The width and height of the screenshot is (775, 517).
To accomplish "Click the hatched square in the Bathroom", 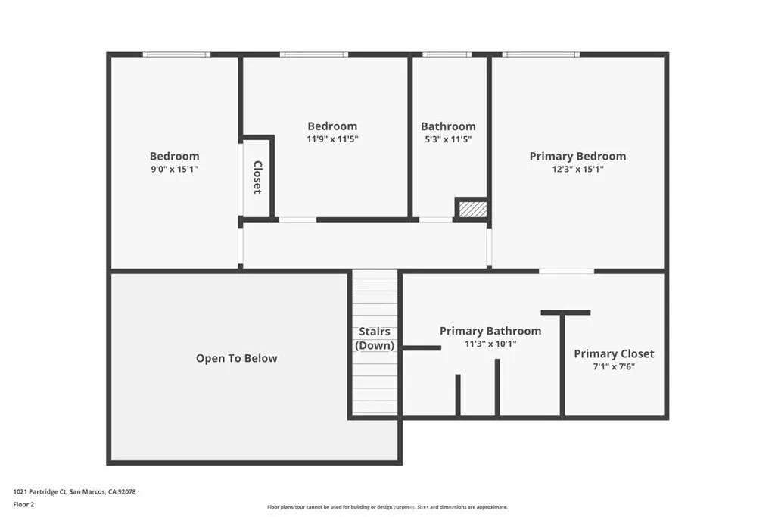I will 471,208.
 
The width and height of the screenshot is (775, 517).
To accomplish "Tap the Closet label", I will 257,177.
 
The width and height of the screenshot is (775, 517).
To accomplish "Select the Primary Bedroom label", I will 577,156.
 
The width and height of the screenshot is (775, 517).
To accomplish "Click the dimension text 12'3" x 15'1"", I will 577,170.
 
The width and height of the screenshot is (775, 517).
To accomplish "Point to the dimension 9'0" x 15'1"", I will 174,170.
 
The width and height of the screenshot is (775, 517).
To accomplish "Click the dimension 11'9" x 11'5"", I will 332,139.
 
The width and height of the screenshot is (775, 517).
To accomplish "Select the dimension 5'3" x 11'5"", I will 448,139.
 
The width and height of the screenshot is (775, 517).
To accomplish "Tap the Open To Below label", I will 236,358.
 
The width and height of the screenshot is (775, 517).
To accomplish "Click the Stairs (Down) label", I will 375,338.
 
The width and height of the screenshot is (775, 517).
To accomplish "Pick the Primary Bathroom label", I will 490,331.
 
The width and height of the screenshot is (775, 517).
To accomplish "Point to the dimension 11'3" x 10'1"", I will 490,344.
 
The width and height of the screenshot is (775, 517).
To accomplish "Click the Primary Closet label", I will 614,353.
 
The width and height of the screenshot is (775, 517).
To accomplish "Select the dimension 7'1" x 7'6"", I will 614,367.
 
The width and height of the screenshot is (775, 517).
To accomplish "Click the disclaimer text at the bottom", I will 387,507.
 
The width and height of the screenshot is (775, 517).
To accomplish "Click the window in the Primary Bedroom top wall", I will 540,55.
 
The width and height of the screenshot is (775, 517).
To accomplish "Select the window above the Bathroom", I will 447,55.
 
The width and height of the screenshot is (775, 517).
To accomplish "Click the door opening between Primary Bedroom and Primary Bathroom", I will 566,270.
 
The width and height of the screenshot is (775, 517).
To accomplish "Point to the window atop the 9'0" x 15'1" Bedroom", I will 177,55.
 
